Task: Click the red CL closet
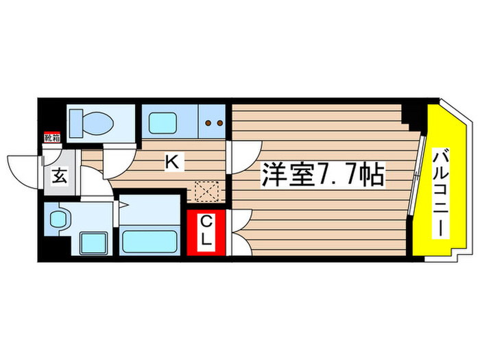[x=206, y=233]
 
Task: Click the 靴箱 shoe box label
[x=51, y=138]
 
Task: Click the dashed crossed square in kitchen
[x=205, y=190]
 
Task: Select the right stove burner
[x=220, y=124]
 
